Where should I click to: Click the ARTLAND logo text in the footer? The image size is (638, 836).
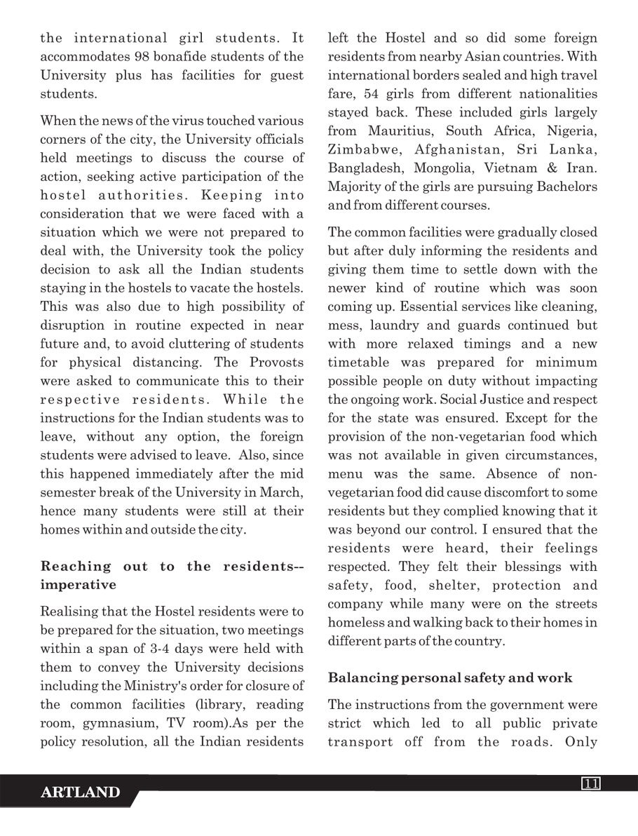tap(80, 793)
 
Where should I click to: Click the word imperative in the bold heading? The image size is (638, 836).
tap(78, 584)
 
